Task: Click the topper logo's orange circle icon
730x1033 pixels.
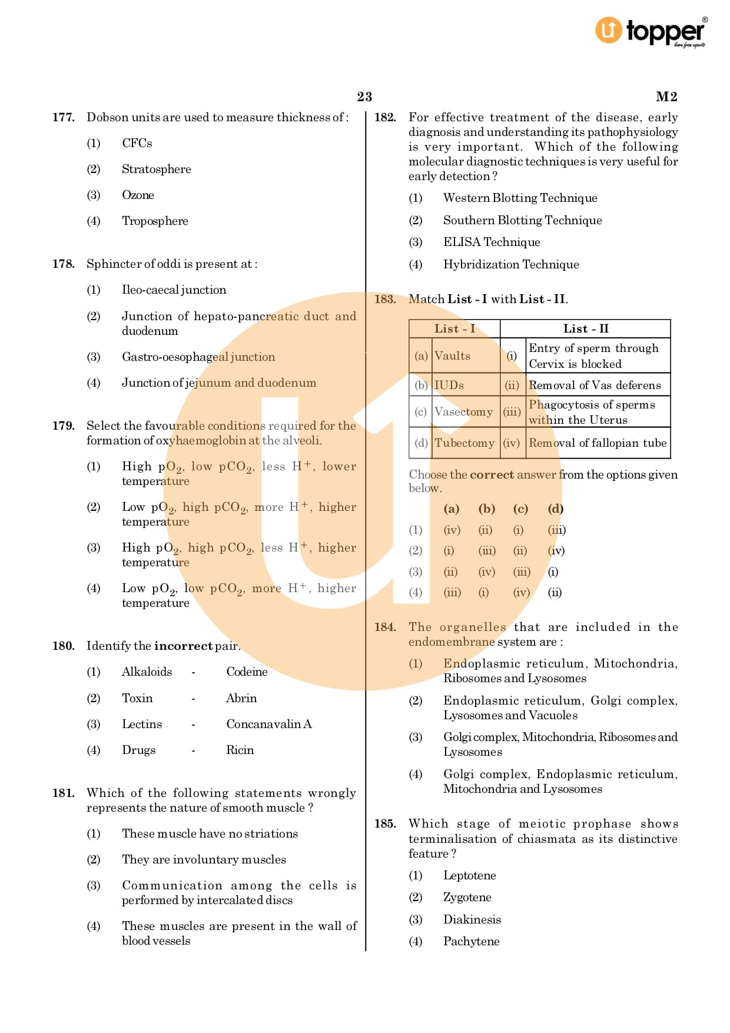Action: point(608,30)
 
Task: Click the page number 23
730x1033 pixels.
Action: point(364,97)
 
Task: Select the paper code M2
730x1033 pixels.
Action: point(666,97)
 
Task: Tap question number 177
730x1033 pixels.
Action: point(64,117)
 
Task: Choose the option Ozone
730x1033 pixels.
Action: point(138,195)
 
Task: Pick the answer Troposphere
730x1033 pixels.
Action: point(155,221)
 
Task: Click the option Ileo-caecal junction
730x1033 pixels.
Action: point(174,290)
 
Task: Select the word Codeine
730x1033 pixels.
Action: point(247,672)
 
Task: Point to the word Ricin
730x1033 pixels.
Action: point(240,750)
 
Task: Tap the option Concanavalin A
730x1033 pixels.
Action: point(268,724)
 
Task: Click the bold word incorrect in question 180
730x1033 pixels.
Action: point(183,646)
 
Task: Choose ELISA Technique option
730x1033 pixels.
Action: point(492,242)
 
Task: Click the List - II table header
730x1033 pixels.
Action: point(585,328)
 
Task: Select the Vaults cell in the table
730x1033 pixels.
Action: point(452,356)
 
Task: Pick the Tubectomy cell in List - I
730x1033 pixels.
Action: point(464,443)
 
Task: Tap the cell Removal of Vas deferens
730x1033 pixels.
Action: point(595,385)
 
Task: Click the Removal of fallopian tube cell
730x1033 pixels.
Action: point(597,443)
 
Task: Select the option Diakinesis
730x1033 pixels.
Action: point(472,919)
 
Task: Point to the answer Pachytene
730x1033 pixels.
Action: point(471,941)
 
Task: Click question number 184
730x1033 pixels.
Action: point(385,627)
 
